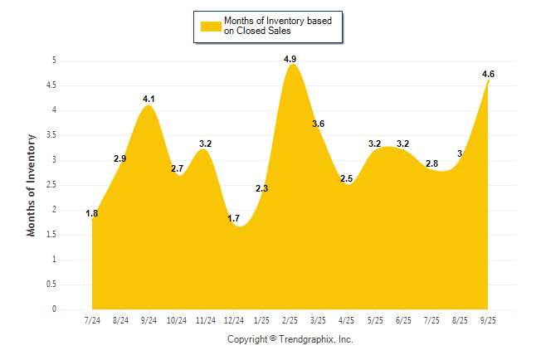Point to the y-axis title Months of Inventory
click(32, 185)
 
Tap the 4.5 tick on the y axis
click(50, 85)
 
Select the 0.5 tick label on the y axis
click(50, 285)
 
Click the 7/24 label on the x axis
click(92, 320)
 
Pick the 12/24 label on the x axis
click(233, 320)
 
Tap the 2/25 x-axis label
click(290, 320)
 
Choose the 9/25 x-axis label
click(488, 320)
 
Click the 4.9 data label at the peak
click(290, 59)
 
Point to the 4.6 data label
click(488, 74)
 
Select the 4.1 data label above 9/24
click(149, 99)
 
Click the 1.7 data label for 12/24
click(233, 218)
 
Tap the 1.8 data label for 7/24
click(92, 213)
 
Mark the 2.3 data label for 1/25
click(261, 188)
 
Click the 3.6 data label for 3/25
click(319, 124)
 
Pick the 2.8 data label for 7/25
click(431, 163)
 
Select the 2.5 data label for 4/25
click(347, 178)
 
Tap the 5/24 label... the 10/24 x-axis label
click(177, 320)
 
